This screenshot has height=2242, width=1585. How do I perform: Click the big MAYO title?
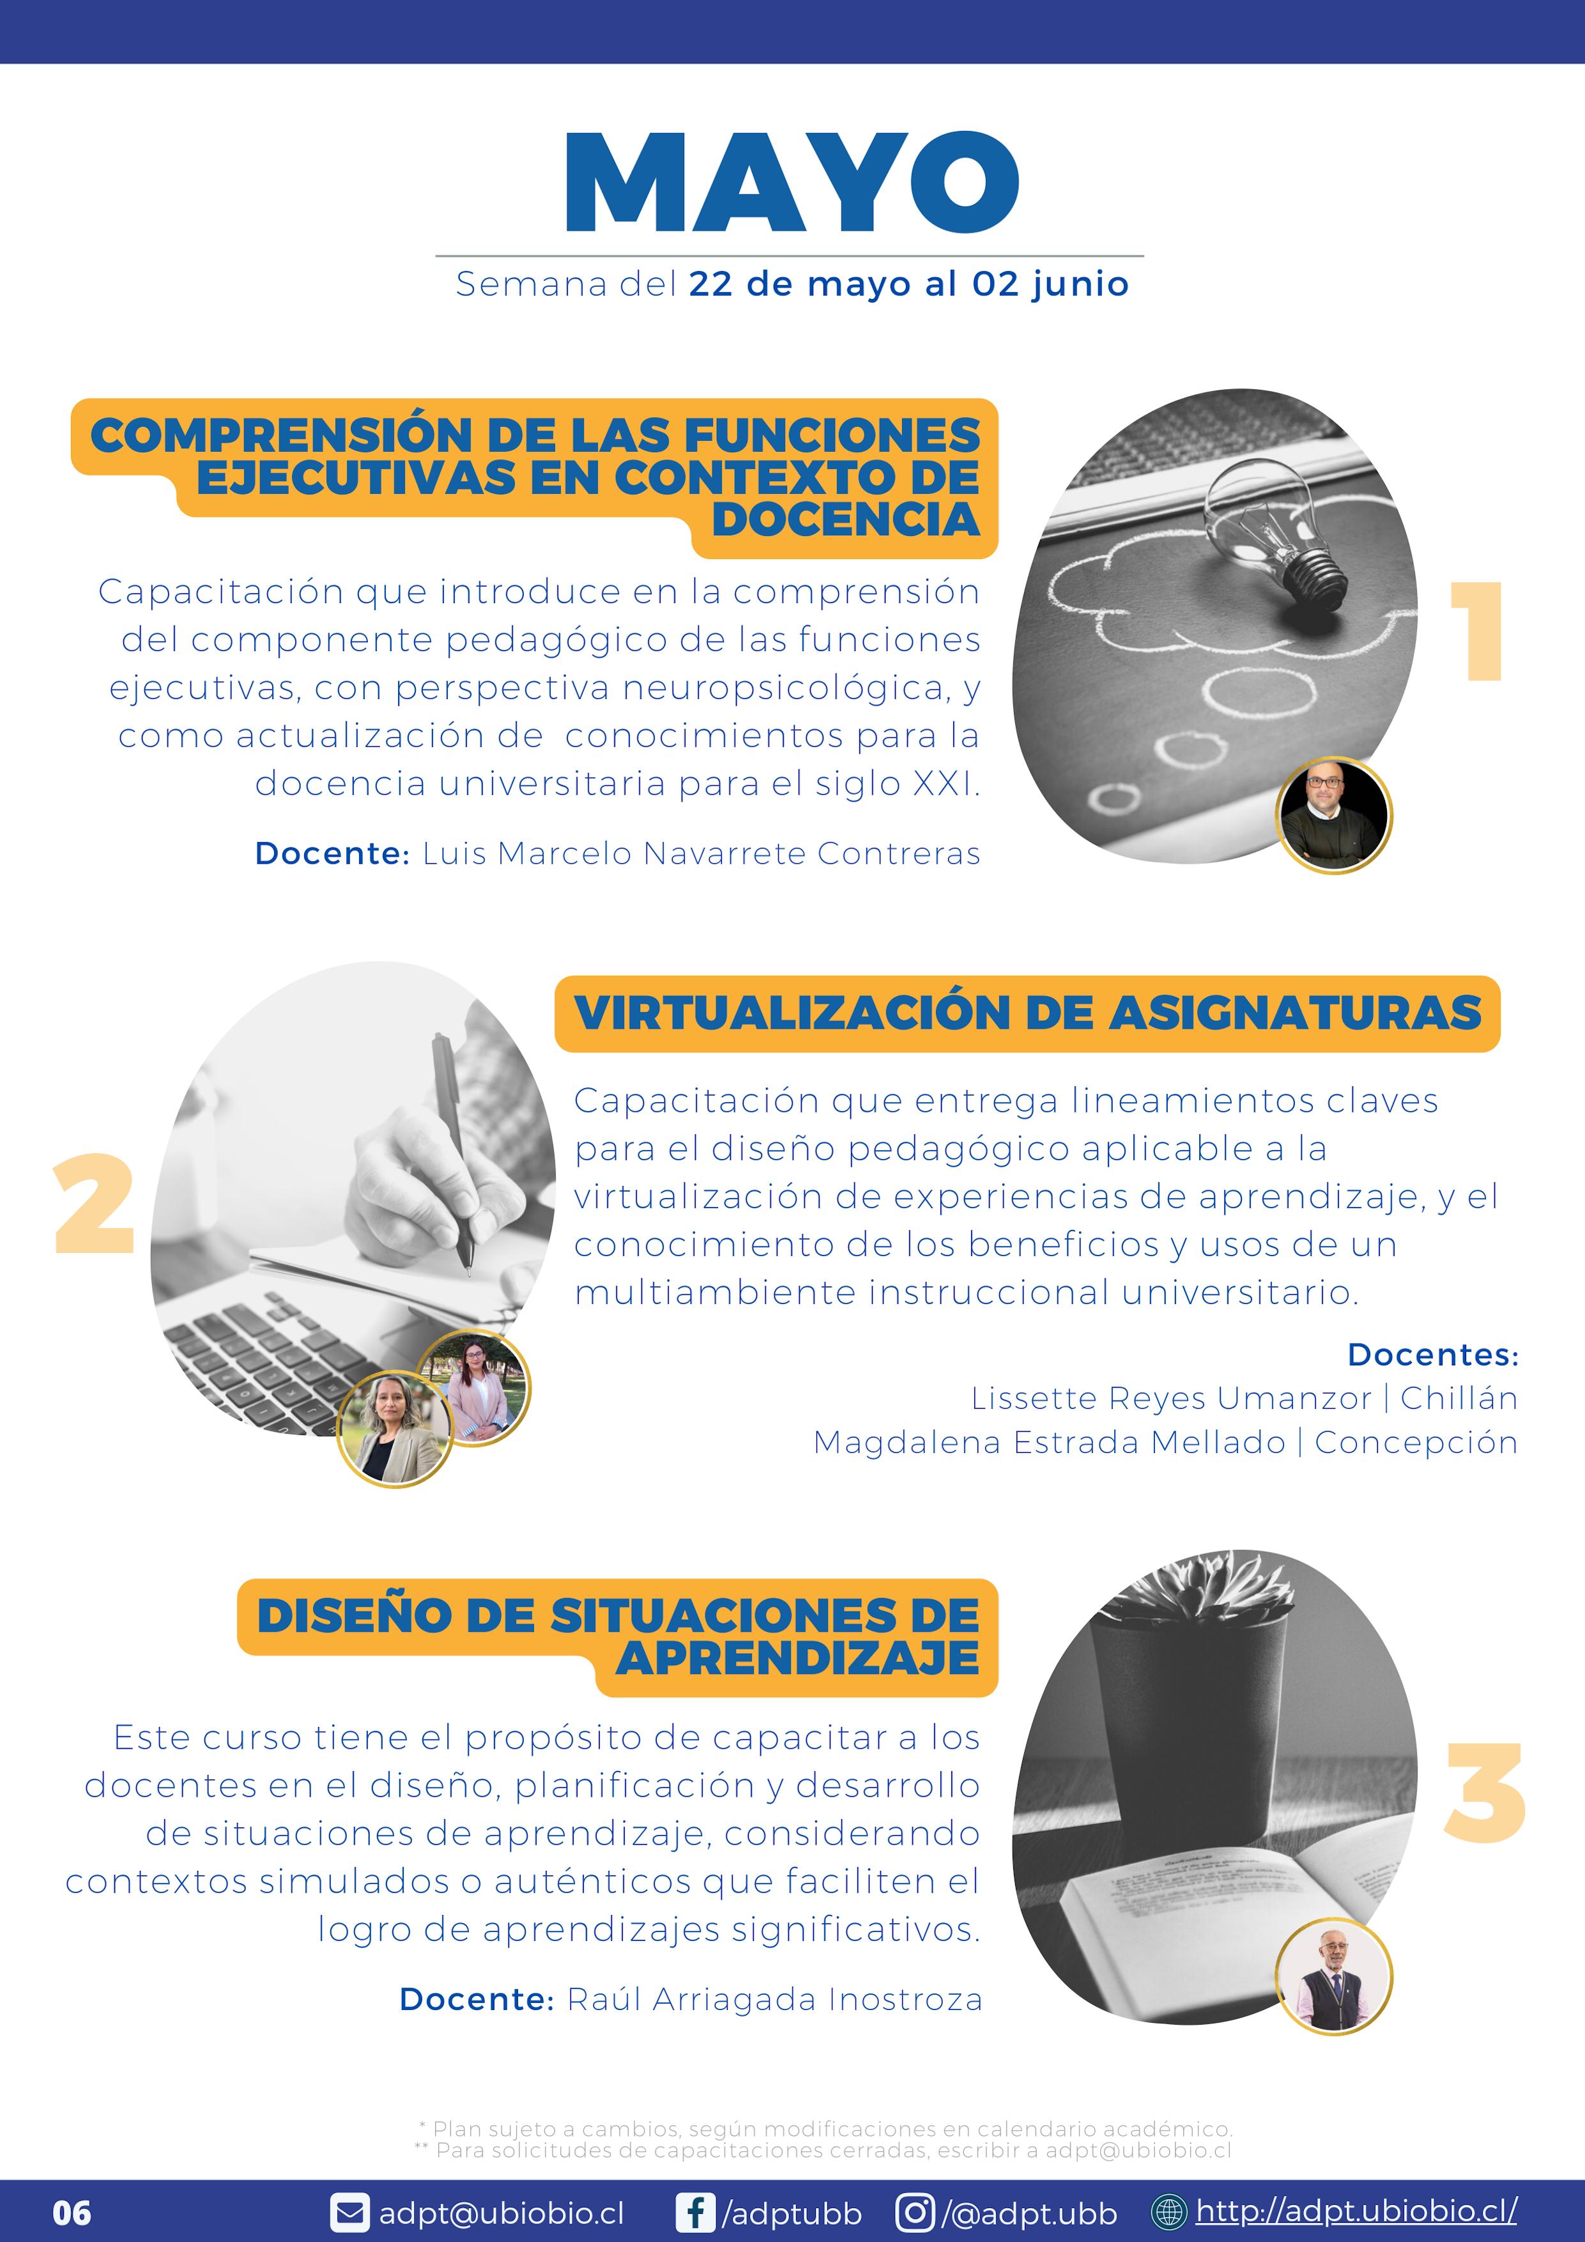(792, 183)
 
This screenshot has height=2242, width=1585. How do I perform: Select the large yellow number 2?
(94, 1203)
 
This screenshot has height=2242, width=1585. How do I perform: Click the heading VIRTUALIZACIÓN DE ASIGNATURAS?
(1027, 1013)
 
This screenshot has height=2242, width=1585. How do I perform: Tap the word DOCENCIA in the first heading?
(846, 519)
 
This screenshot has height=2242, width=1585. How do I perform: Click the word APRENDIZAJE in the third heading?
(797, 1658)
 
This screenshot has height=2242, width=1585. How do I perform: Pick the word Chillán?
(1459, 1399)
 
